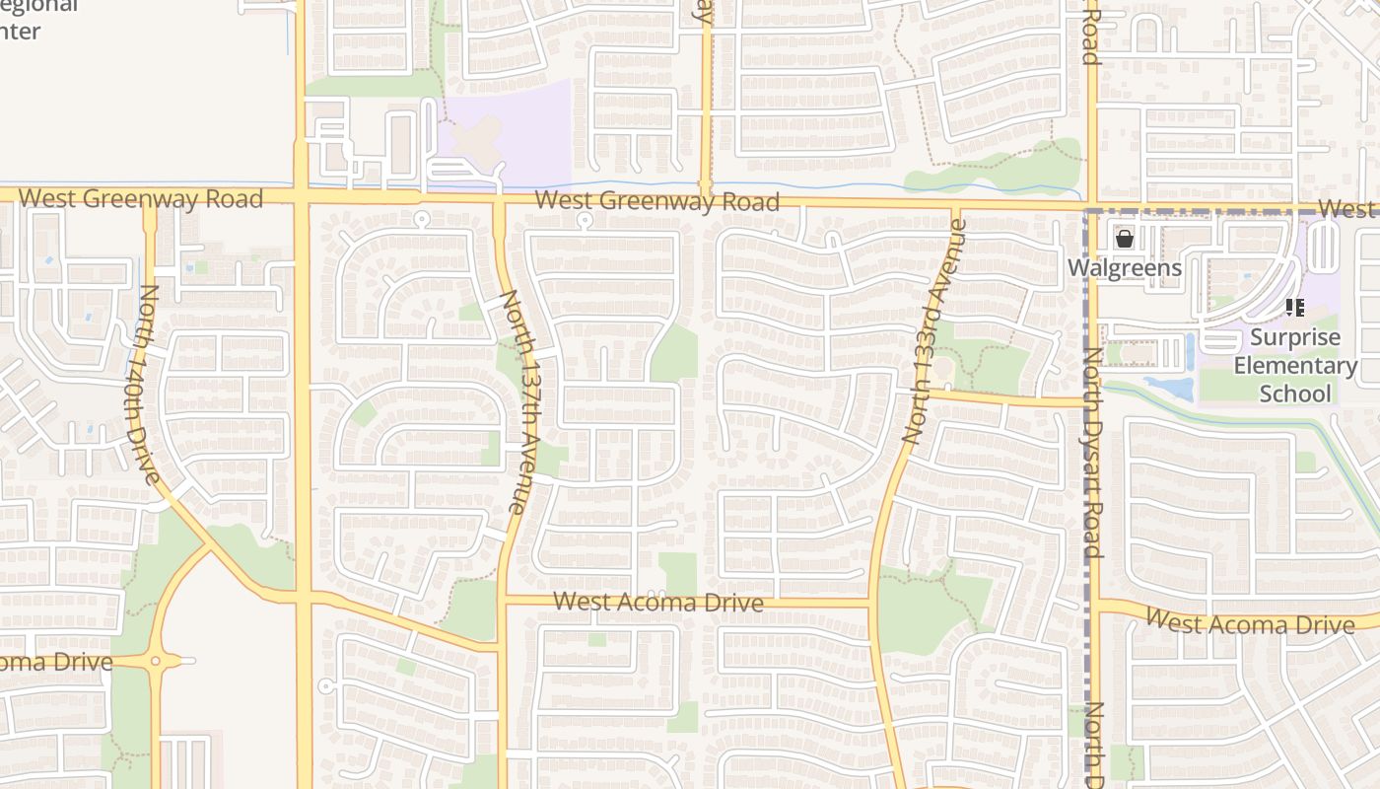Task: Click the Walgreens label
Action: [x=1125, y=268]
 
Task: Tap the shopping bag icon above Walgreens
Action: [x=1124, y=239]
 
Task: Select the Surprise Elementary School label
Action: [x=1295, y=365]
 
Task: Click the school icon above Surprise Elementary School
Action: [x=1294, y=308]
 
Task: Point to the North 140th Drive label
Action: [x=150, y=385]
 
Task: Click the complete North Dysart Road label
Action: [x=1091, y=454]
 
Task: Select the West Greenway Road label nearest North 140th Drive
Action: [x=141, y=198]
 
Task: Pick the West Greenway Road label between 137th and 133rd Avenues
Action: [x=656, y=202]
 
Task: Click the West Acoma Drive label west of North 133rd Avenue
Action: [x=657, y=602]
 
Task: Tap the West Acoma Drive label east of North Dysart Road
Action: [x=1251, y=623]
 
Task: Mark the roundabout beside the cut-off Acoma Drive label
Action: [x=154, y=662]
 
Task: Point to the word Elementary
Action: [x=1295, y=365]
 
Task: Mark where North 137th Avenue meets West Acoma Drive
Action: [x=503, y=600]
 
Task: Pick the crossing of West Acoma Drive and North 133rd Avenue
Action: [x=872, y=603]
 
